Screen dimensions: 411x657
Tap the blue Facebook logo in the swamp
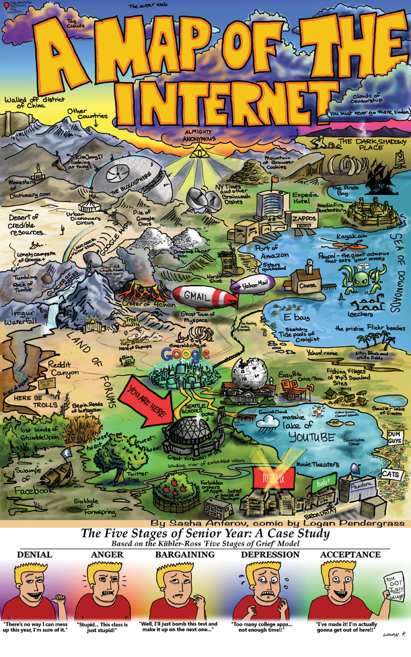tap(66, 453)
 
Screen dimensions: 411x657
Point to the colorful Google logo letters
tap(185, 354)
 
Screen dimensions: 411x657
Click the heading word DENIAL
tap(35, 554)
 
